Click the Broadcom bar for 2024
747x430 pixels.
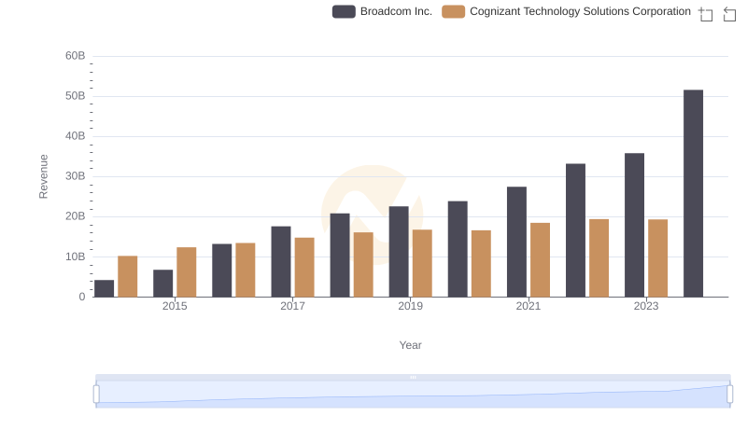click(693, 193)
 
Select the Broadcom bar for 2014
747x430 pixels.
click(105, 288)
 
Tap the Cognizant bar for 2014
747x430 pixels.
click(128, 276)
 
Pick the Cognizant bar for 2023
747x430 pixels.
click(658, 258)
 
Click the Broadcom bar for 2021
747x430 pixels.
click(516, 242)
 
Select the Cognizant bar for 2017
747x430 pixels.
click(304, 267)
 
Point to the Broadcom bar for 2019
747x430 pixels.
click(399, 252)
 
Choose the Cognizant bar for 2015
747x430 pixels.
click(187, 271)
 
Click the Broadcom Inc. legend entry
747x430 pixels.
click(383, 12)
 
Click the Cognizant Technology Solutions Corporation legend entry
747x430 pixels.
click(566, 12)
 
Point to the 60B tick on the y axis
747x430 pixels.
click(75, 56)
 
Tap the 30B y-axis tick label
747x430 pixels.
click(75, 176)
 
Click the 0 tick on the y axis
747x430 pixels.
click(81, 297)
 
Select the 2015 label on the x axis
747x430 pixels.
click(175, 307)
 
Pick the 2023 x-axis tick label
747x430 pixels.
click(646, 307)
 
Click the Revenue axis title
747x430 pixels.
click(43, 176)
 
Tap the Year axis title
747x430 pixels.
click(411, 345)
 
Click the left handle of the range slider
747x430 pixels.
click(96, 394)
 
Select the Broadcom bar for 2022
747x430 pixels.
click(575, 230)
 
